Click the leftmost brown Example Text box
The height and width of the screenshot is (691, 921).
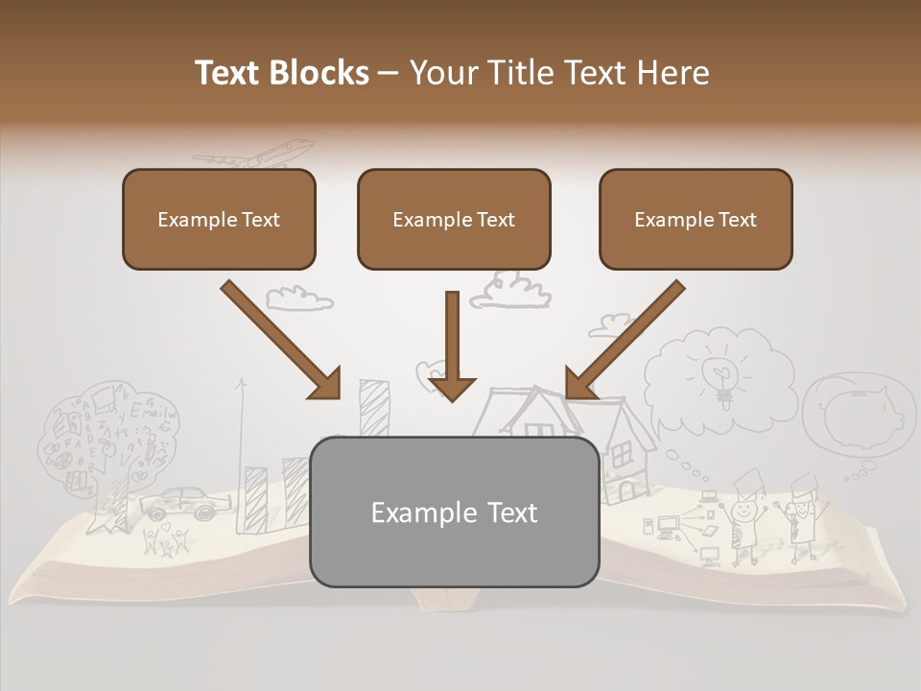point(219,219)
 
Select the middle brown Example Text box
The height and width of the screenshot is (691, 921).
point(454,219)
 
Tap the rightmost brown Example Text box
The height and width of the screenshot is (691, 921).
point(696,219)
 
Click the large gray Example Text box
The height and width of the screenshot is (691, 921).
point(454,512)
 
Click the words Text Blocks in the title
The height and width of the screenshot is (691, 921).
point(281,73)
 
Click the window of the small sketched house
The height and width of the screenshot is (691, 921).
point(623,450)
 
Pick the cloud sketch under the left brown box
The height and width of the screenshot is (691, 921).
point(298,298)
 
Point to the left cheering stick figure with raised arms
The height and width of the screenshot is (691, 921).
point(743,518)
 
